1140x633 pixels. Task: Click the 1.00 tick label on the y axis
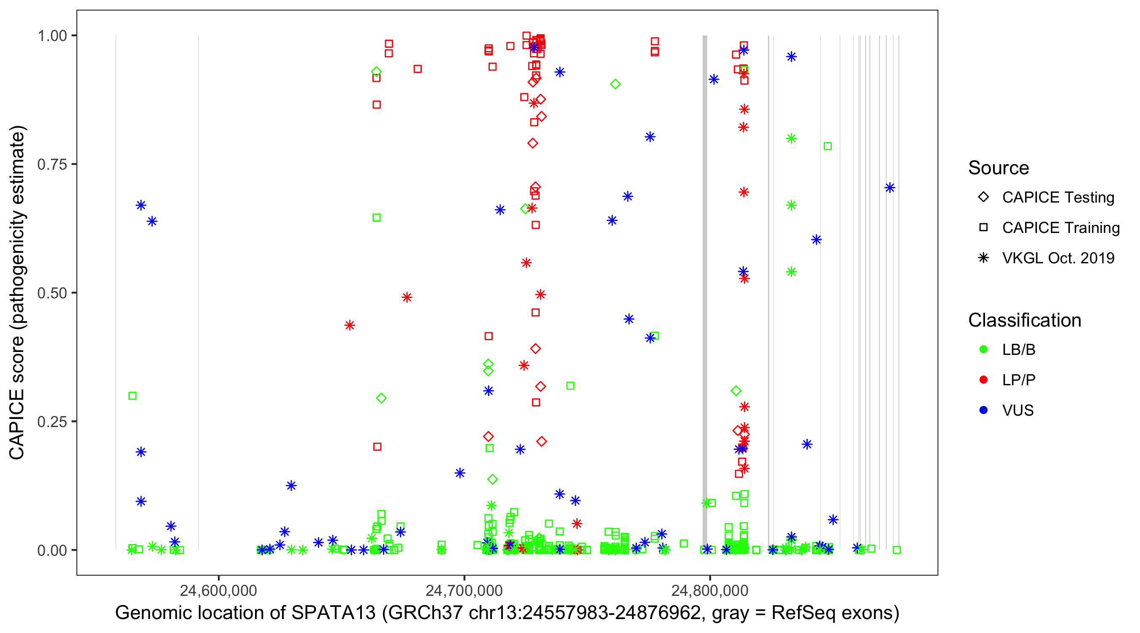(52, 36)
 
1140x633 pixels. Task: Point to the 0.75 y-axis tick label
(52, 165)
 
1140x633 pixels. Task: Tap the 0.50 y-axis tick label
(52, 293)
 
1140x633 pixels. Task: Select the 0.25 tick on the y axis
(52, 422)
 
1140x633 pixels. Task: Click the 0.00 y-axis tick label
(52, 550)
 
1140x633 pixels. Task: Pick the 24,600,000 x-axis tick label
(218, 590)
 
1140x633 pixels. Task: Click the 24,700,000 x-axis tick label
(464, 590)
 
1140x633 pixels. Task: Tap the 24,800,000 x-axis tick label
(710, 590)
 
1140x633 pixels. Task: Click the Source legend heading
(999, 168)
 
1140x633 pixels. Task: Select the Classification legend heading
(1024, 320)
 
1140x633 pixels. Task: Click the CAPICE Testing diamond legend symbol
(983, 197)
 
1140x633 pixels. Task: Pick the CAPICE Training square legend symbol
(983, 228)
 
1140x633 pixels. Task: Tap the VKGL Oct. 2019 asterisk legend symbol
(983, 258)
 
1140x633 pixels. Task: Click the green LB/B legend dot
(983, 350)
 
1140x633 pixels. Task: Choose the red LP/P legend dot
(983, 380)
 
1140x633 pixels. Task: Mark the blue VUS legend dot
(983, 411)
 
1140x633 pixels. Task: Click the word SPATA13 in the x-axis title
(333, 613)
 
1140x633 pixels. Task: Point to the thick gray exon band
(705, 265)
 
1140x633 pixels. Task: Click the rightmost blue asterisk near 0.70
(890, 188)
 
